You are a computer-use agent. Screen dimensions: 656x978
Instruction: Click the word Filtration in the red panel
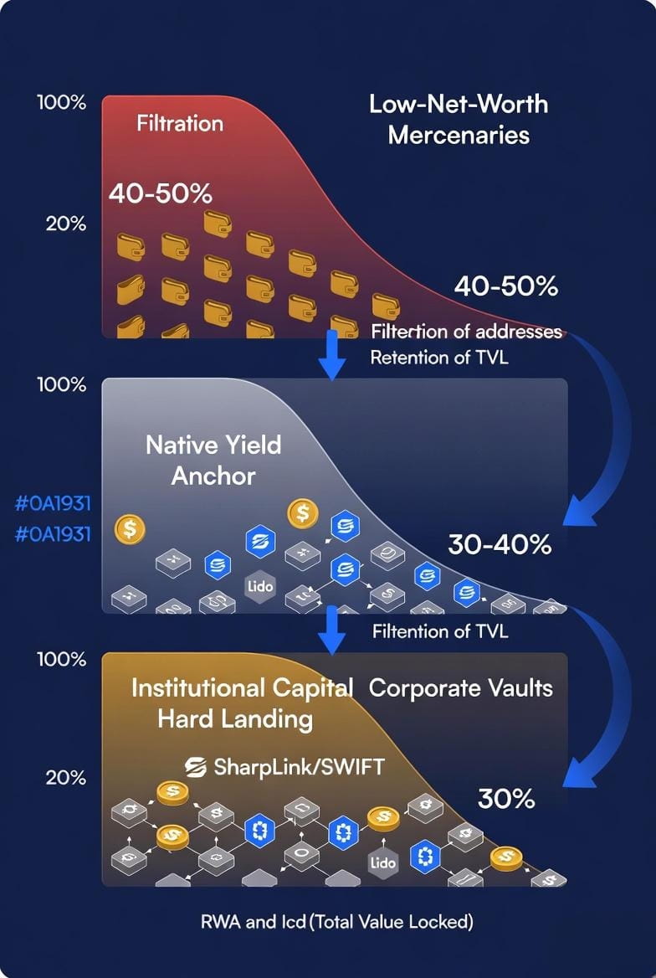tap(180, 124)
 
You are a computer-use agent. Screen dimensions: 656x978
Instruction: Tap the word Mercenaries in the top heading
tap(459, 135)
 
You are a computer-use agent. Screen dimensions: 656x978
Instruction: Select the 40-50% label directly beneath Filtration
tap(160, 193)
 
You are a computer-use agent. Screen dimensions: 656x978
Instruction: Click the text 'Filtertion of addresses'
tap(466, 332)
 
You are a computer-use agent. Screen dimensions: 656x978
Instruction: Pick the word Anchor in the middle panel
tap(213, 476)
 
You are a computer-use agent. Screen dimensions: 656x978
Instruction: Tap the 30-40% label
tap(500, 545)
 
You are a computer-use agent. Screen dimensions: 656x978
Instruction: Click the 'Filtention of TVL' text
tap(439, 631)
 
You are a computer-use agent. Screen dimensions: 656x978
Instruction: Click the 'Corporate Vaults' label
tap(461, 688)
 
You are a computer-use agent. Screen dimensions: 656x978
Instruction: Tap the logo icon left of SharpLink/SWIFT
tap(196, 766)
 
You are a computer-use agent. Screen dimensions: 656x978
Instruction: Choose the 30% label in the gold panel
tap(506, 799)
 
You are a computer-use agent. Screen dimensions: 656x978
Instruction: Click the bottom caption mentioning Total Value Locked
tap(337, 922)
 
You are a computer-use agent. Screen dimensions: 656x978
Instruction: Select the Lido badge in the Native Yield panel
tap(260, 586)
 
